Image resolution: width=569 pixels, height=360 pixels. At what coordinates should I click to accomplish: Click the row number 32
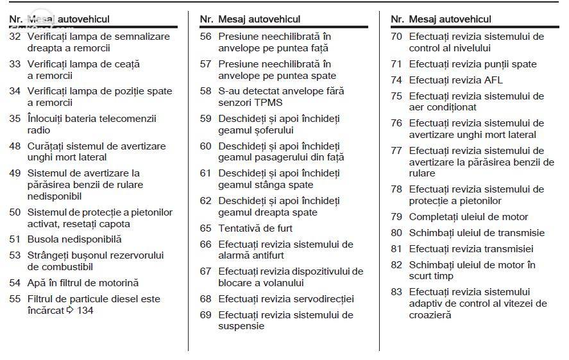tap(15, 37)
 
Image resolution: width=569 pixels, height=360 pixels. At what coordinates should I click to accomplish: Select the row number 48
tap(15, 146)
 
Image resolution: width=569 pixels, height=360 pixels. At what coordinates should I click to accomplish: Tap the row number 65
tap(205, 228)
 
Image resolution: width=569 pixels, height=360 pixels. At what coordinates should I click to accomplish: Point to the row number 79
tap(396, 217)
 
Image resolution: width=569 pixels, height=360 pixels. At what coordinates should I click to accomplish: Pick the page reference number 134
tap(85, 311)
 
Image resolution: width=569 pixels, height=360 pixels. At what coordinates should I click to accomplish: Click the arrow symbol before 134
tap(70, 311)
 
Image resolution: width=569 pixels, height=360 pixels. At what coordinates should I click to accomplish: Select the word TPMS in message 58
tap(268, 103)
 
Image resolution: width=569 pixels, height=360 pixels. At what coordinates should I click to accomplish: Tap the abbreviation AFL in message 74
tap(493, 80)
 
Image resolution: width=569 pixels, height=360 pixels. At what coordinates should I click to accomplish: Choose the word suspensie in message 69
tap(241, 326)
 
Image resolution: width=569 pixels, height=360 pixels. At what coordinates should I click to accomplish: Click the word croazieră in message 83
tap(430, 314)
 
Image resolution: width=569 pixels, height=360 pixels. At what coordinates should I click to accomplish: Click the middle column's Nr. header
tap(207, 19)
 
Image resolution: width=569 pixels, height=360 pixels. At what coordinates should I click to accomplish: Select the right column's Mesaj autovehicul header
tap(450, 19)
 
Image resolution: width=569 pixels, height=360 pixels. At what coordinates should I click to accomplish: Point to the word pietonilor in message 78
tap(479, 201)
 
